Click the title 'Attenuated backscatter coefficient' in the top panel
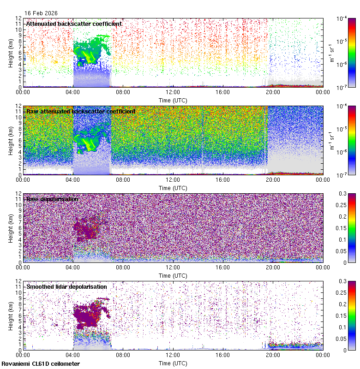pyautogui.click(x=74, y=24)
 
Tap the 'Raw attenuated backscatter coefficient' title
pyautogui.click(x=81, y=111)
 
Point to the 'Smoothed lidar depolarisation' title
pyautogui.click(x=66, y=286)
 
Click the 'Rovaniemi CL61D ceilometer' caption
pyautogui.click(x=41, y=364)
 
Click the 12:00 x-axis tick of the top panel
pyautogui.click(x=173, y=92)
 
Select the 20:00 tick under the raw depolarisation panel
pyautogui.click(x=273, y=267)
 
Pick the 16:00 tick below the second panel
pyautogui.click(x=223, y=179)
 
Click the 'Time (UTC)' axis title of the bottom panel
pyautogui.click(x=173, y=363)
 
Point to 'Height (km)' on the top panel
pyautogui.click(x=11, y=53)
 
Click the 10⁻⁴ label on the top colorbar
pyautogui.click(x=342, y=19)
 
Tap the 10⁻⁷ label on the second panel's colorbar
pyautogui.click(x=342, y=175)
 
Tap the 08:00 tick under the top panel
pyautogui.click(x=123, y=92)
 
